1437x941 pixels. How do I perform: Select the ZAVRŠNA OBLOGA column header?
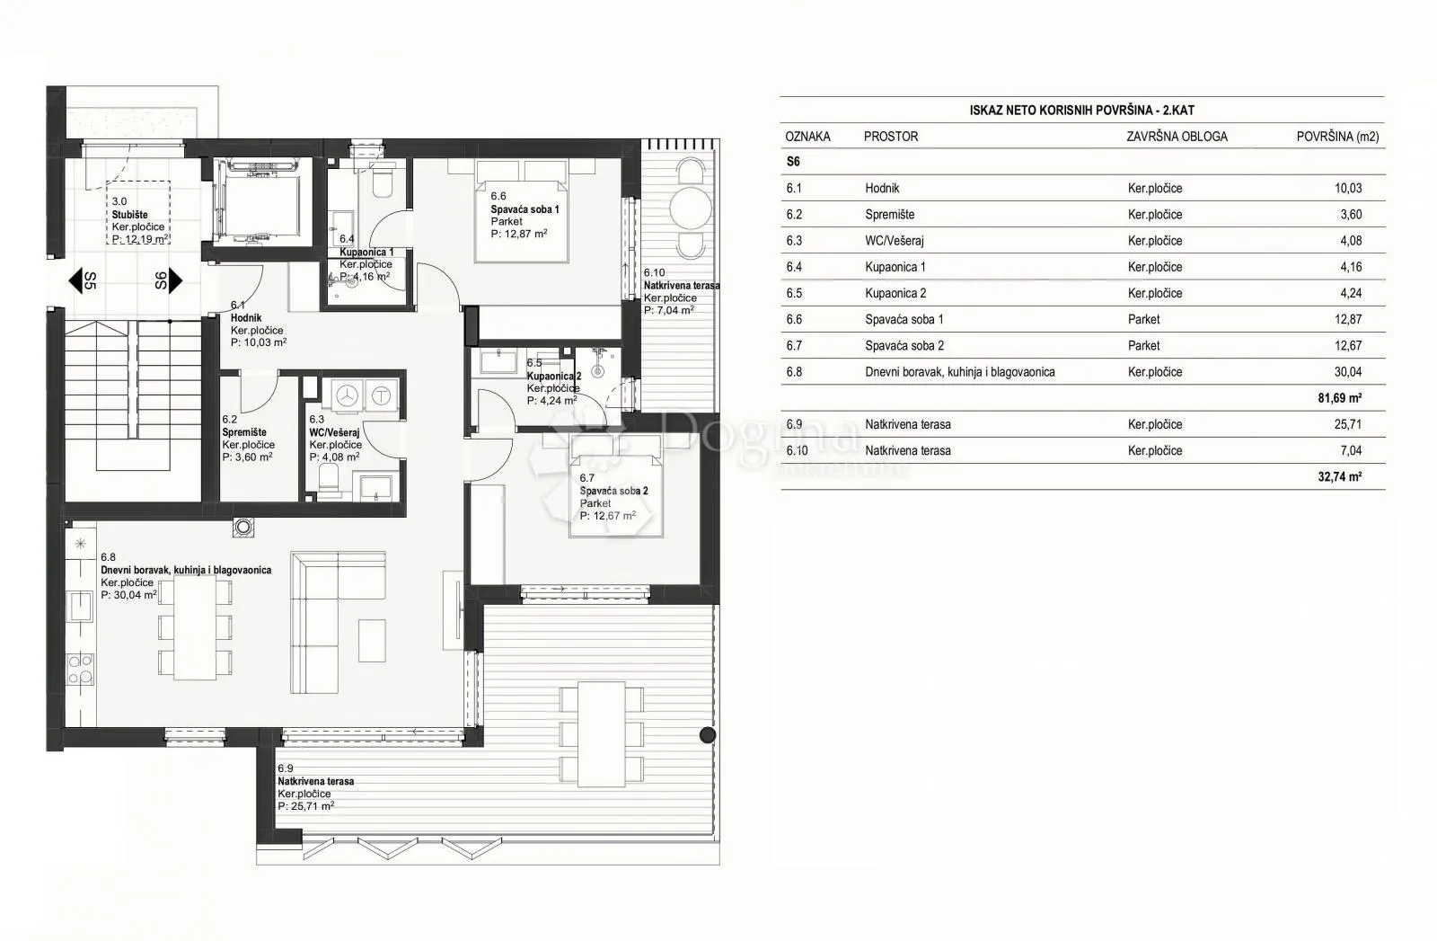pyautogui.click(x=1177, y=137)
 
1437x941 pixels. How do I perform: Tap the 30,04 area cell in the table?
pyautogui.click(x=1348, y=372)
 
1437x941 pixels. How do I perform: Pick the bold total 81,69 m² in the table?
pyautogui.click(x=1339, y=398)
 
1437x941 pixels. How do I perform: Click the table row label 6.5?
pyautogui.click(x=794, y=293)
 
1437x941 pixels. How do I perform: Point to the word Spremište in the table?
pyautogui.click(x=889, y=215)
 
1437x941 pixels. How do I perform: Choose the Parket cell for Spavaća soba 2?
pyautogui.click(x=1144, y=345)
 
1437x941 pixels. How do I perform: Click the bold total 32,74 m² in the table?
pyautogui.click(x=1339, y=476)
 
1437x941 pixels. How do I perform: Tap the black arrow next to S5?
pyautogui.click(x=75, y=280)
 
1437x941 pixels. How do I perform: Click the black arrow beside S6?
pyautogui.click(x=175, y=280)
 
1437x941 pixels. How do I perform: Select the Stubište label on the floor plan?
pyautogui.click(x=129, y=215)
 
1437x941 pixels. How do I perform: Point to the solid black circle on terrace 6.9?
pyautogui.click(x=708, y=735)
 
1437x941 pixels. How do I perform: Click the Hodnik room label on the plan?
pyautogui.click(x=246, y=318)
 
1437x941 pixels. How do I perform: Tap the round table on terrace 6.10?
pyautogui.click(x=691, y=208)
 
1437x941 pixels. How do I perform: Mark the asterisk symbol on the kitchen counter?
pyautogui.click(x=80, y=544)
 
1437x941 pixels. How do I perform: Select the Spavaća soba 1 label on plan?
pyautogui.click(x=525, y=209)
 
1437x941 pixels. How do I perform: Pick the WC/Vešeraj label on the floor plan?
pyautogui.click(x=334, y=432)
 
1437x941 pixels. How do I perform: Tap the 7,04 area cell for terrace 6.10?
pyautogui.click(x=1351, y=450)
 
